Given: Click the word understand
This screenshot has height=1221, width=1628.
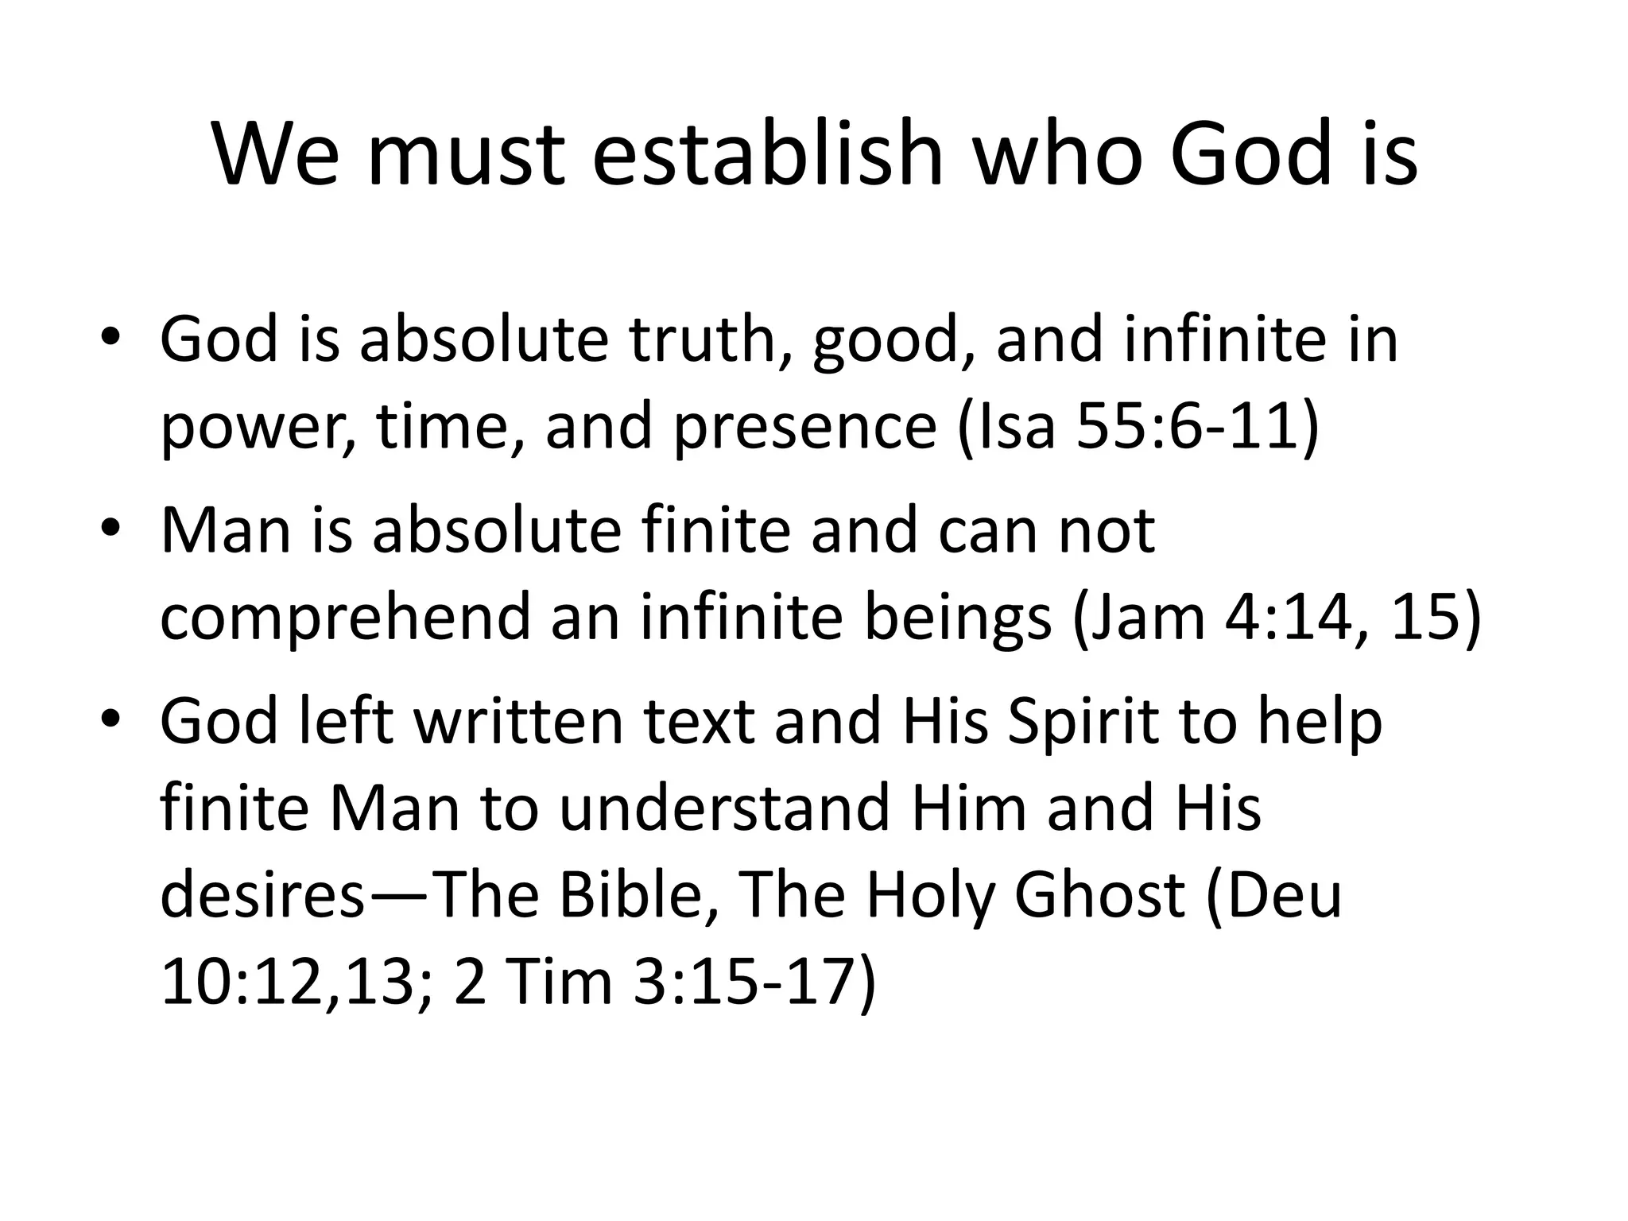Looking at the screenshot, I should [x=723, y=808].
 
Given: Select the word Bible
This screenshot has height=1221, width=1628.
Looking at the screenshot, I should [x=631, y=895].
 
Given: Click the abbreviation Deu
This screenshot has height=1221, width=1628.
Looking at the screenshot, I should [x=1276, y=895].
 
